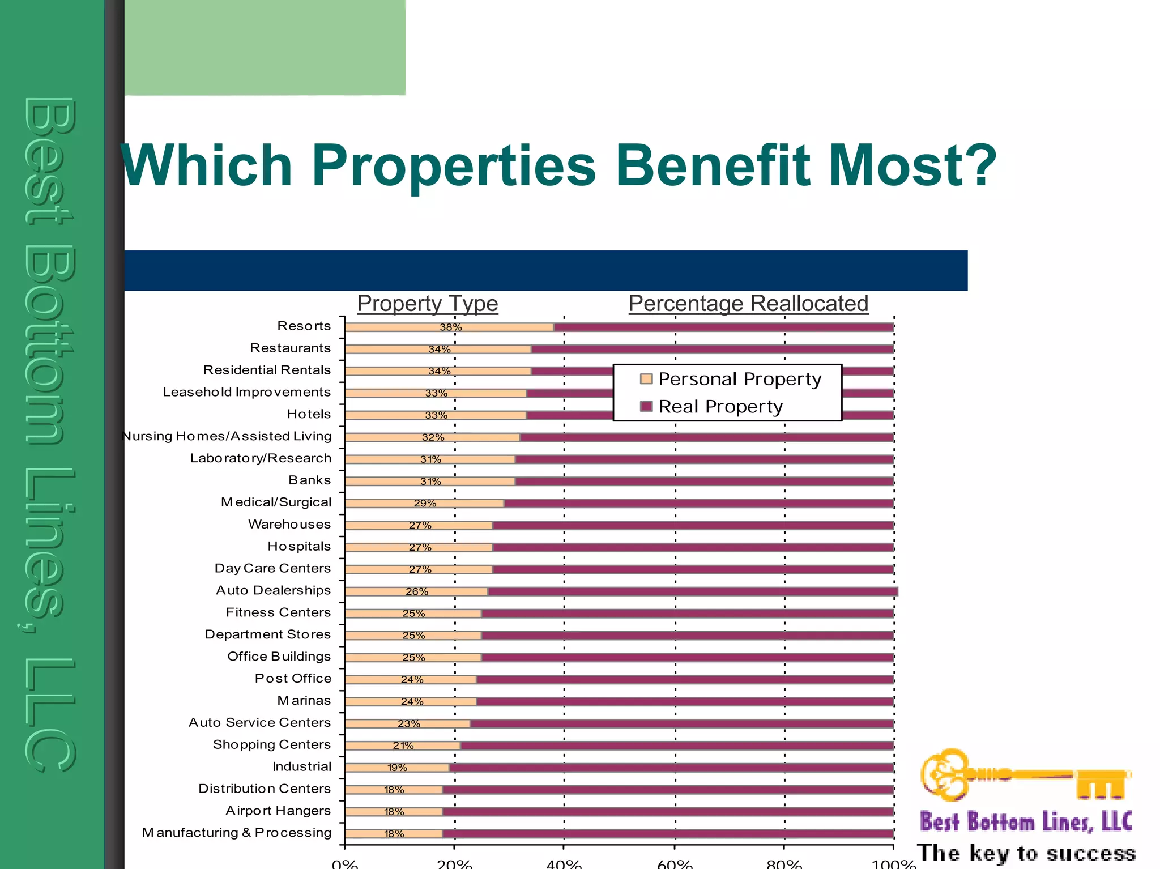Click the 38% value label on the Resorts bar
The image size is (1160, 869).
point(450,327)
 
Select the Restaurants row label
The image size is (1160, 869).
point(290,348)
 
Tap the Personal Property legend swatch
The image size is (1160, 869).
point(646,379)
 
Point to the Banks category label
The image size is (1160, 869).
point(309,480)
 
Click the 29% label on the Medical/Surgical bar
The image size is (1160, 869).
point(425,504)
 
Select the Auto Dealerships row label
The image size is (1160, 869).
point(273,590)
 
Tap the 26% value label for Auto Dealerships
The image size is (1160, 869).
point(417,591)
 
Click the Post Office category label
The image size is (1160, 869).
point(293,679)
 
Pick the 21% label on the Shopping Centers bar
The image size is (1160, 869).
point(403,746)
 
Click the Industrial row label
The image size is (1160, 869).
point(302,767)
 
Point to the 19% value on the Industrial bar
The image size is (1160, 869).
point(397,768)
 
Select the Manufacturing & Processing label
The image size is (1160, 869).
point(237,833)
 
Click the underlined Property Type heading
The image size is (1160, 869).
point(428,304)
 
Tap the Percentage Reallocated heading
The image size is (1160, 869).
point(748,304)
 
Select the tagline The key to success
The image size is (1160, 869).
point(1026,853)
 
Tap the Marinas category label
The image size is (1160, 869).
point(304,701)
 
